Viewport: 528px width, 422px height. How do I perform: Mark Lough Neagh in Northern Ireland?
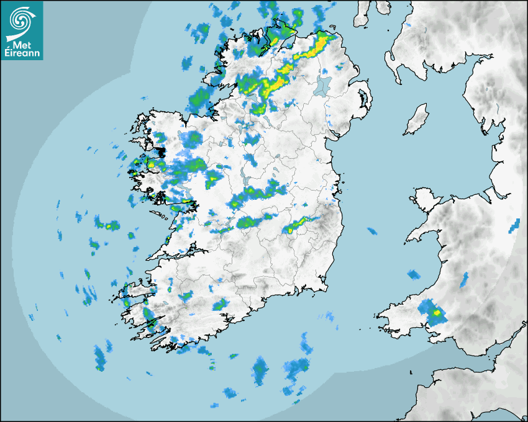click(323, 85)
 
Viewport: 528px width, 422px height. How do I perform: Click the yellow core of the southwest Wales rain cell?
click(437, 313)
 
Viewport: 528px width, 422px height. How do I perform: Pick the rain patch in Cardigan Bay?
click(414, 274)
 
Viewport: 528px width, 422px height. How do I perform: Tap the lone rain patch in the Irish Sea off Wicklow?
click(371, 231)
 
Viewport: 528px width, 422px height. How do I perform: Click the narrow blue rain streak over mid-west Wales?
click(464, 280)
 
